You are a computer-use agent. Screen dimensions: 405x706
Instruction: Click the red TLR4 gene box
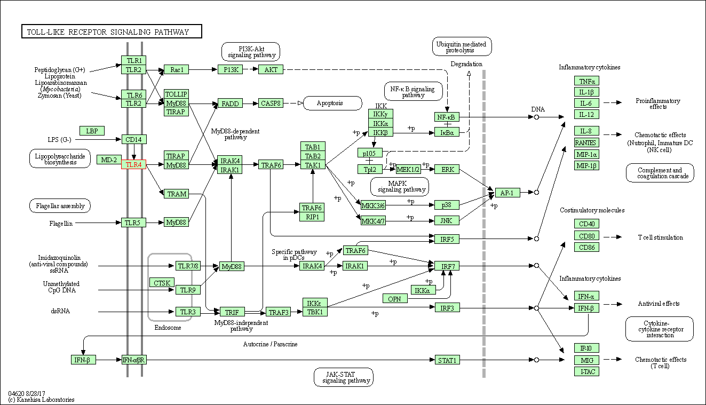tap(133, 165)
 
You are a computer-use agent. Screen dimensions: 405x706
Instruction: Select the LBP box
tap(92, 131)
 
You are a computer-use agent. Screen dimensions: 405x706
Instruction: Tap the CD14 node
tap(133, 140)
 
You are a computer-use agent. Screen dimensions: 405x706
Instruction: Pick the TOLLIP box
tap(176, 94)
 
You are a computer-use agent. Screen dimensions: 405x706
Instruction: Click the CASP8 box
tap(271, 103)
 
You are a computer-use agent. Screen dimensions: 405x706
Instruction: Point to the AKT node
tap(271, 69)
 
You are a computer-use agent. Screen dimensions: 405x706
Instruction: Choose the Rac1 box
tap(176, 69)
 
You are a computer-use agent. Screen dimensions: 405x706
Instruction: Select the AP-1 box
tap(507, 193)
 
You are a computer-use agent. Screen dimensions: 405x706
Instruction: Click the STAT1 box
tap(447, 360)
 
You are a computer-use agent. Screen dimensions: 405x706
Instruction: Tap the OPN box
tap(394, 299)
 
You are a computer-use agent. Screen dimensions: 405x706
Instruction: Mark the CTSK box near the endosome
tap(161, 283)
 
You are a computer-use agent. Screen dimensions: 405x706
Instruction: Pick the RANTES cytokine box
tap(586, 142)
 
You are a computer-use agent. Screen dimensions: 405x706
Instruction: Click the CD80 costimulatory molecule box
tap(586, 235)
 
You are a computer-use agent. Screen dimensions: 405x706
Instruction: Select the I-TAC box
tap(586, 371)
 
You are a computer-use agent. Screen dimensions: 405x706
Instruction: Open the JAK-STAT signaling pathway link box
tap(343, 377)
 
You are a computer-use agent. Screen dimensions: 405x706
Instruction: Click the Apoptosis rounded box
tap(332, 103)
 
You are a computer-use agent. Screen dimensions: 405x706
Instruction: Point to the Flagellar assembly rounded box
tap(60, 205)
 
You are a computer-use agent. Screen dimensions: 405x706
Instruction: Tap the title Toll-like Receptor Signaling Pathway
tap(112, 32)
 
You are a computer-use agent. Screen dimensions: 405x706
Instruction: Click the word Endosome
tap(168, 328)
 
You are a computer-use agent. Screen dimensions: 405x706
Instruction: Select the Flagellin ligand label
tap(61, 223)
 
